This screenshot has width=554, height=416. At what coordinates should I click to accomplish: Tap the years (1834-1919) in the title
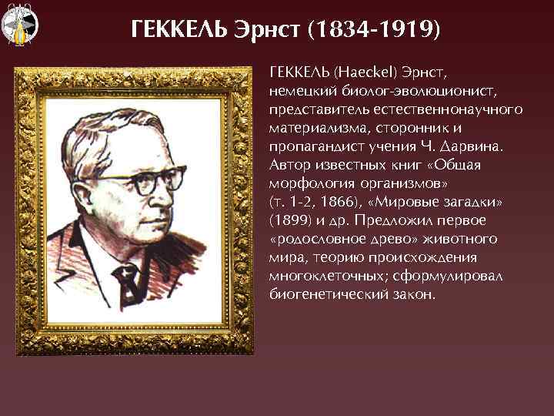tap(374, 30)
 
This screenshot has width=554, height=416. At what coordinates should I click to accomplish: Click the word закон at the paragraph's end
tap(412, 294)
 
